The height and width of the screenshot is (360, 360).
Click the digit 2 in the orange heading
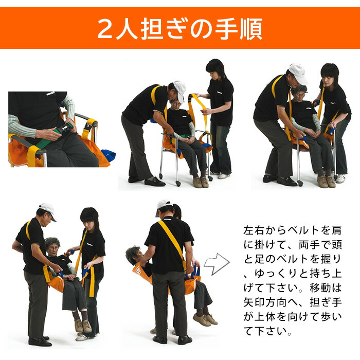point(106,29)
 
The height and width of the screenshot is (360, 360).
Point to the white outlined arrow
point(216,263)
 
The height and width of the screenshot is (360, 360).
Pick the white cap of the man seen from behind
point(164,205)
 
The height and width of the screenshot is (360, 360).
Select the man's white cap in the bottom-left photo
point(47,209)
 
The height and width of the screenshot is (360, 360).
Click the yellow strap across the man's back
point(172,240)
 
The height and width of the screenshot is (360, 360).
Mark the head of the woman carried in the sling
point(133,255)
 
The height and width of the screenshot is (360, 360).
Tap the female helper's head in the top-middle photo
point(215,69)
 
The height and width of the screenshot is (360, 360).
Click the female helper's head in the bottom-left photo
point(89,219)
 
